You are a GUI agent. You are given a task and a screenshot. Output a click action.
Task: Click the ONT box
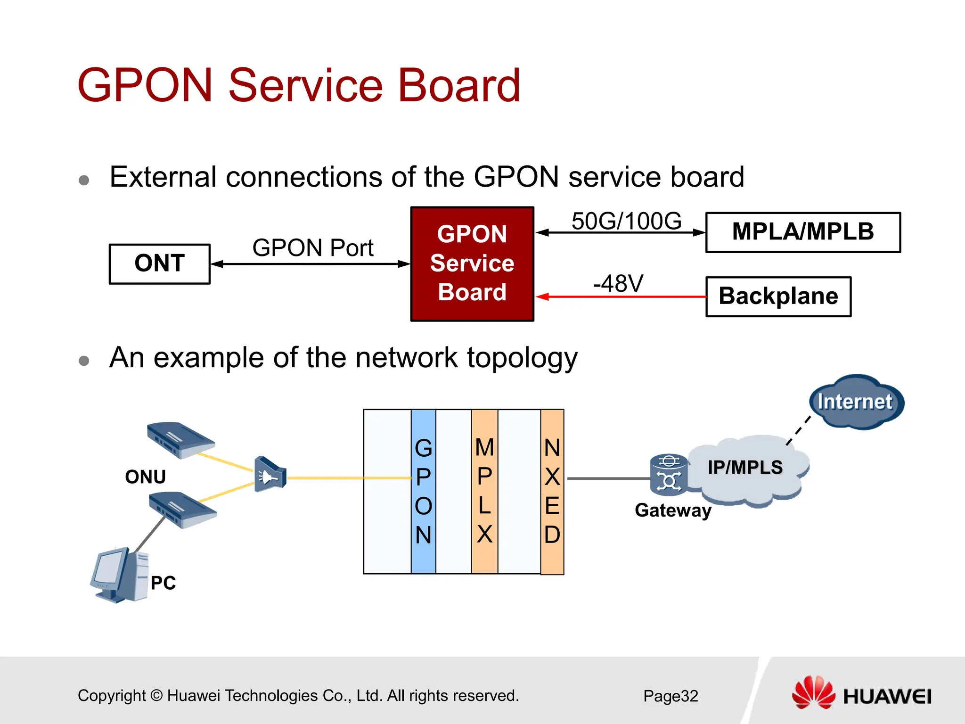click(x=159, y=263)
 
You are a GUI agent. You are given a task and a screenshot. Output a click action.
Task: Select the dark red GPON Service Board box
click(x=472, y=264)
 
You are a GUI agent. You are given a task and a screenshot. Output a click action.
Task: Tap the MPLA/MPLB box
click(x=802, y=232)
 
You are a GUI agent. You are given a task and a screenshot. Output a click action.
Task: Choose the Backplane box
click(x=778, y=296)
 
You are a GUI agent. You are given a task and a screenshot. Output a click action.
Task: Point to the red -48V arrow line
click(x=622, y=296)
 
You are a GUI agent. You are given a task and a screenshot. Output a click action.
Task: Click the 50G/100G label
click(x=626, y=221)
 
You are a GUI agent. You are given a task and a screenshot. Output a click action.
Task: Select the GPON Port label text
click(x=313, y=248)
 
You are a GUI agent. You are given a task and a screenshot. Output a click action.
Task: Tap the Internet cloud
click(x=856, y=402)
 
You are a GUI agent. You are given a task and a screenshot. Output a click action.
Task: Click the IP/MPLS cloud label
click(x=745, y=468)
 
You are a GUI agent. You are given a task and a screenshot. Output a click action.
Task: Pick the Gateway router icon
click(x=668, y=474)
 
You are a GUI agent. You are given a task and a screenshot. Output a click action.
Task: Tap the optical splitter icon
click(x=270, y=474)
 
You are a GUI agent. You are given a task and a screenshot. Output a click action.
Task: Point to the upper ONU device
click(x=180, y=439)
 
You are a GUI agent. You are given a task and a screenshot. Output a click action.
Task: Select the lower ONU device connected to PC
click(x=183, y=510)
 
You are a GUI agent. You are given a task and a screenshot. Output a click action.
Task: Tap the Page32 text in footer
click(x=671, y=696)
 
